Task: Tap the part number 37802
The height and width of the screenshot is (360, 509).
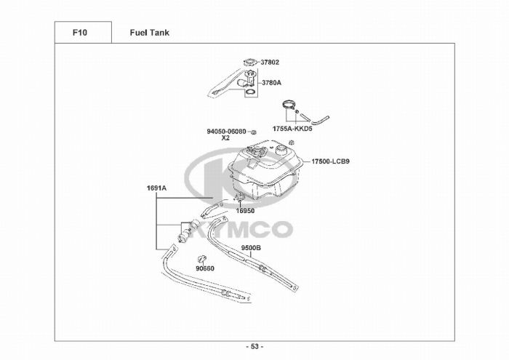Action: point(270,63)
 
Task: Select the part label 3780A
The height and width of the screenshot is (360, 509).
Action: point(271,83)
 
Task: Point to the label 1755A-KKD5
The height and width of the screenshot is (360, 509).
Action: point(292,128)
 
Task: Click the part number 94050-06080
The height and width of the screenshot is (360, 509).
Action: point(226,132)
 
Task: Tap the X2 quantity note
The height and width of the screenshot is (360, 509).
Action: point(225,138)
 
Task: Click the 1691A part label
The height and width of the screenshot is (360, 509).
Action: point(156,188)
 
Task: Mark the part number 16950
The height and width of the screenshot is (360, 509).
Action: point(244,211)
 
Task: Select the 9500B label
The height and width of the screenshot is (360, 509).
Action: point(251,248)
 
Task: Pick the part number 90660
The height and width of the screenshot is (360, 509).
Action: point(205,268)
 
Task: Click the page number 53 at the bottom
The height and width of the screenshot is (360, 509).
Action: point(254,346)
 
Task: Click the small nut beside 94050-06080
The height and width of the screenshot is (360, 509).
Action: point(253,132)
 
